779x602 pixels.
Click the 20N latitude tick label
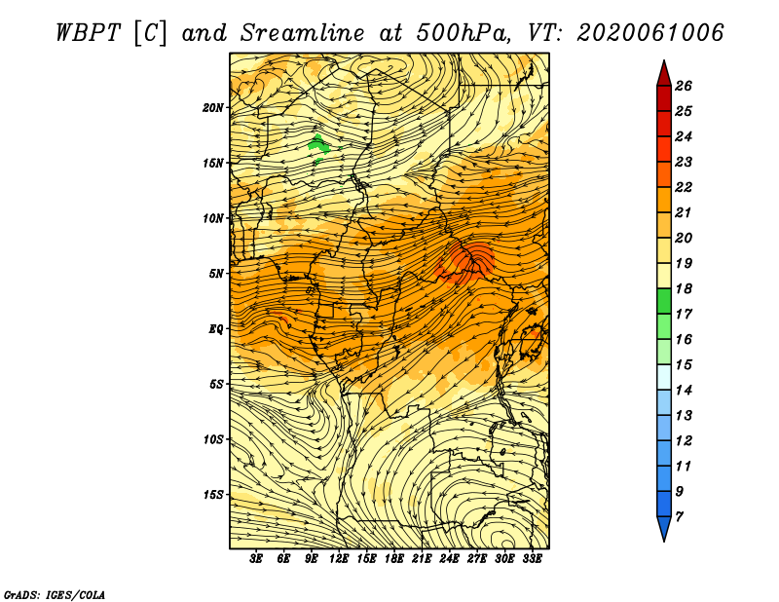(213, 108)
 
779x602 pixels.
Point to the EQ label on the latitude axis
(215, 329)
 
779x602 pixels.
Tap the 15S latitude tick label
(213, 495)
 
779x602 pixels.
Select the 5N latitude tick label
(216, 274)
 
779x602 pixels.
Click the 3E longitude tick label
(256, 559)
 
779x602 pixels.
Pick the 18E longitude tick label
(394, 559)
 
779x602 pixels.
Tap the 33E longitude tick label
(532, 559)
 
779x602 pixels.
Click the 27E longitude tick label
(477, 559)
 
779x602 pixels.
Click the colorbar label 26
(684, 86)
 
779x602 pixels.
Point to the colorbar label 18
(684, 288)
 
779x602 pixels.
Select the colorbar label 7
(679, 517)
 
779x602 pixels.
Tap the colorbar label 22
(684, 187)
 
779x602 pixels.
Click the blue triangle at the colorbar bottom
(664, 527)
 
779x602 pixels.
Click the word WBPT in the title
(88, 33)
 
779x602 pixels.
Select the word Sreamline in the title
(302, 33)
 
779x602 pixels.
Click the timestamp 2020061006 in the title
(649, 33)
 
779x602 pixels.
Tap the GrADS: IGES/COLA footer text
(55, 595)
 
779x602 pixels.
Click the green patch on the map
(319, 146)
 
